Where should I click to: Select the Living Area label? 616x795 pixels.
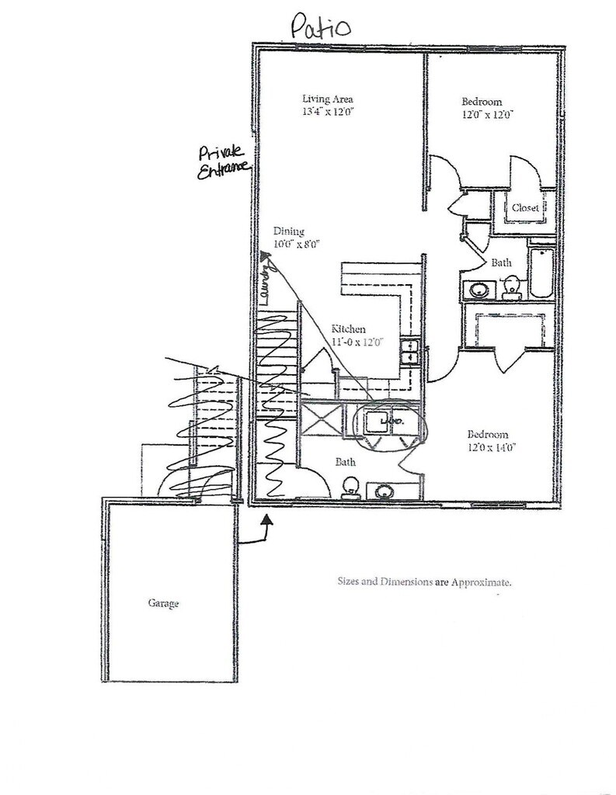click(x=328, y=99)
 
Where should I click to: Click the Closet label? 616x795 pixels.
click(x=525, y=208)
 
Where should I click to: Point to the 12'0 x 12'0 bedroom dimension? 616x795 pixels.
click(x=488, y=114)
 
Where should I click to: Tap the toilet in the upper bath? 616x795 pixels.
click(x=512, y=288)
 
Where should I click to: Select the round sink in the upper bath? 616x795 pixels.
click(x=476, y=290)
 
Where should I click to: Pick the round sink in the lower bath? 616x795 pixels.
click(x=384, y=491)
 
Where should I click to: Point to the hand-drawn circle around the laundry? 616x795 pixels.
click(x=389, y=422)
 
